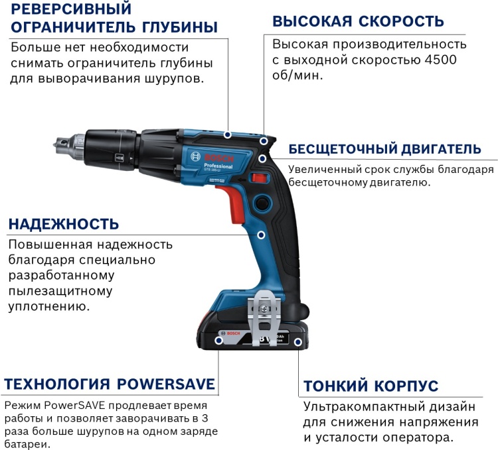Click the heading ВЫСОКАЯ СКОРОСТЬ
pos(358,21)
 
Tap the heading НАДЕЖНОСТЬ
pos(64,223)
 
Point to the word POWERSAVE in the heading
pos(166,384)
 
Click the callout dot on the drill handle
pos(261,235)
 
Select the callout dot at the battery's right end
pos(298,343)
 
